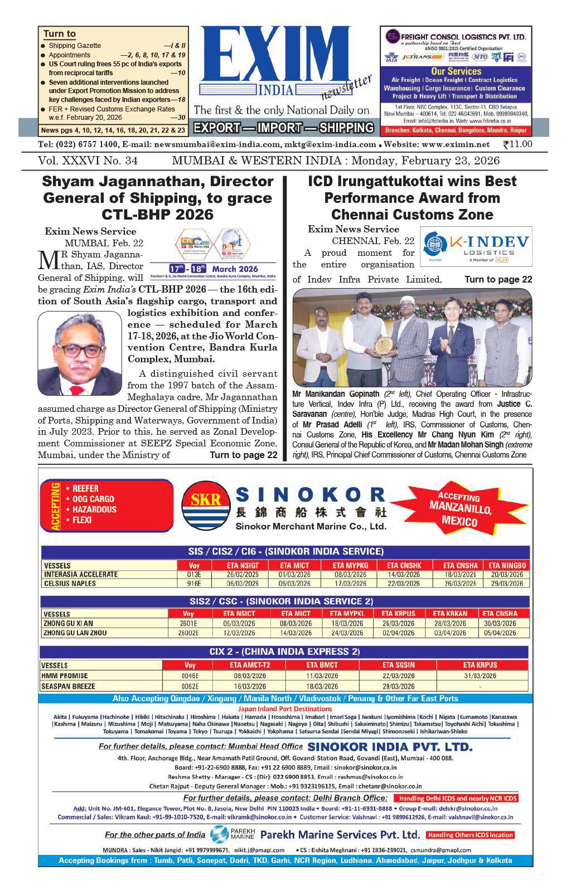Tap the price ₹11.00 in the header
[517, 144]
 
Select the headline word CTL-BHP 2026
[158, 215]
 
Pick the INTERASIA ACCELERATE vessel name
[81, 574]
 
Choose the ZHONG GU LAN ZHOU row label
[75, 633]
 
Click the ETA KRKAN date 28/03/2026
[449, 624]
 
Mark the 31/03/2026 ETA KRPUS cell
[480, 676]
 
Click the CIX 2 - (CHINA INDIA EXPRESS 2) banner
[284, 651]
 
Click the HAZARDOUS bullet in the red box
[94, 509]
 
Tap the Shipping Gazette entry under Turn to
[75, 46]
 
